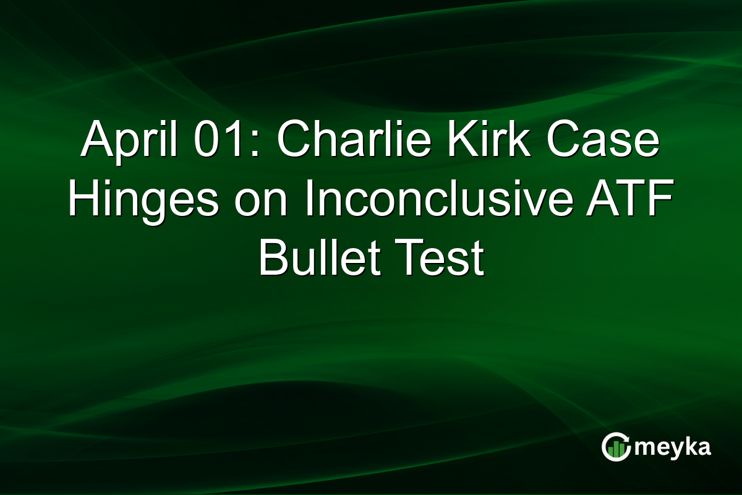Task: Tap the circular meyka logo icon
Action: coord(616,447)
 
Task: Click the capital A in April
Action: coord(95,141)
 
